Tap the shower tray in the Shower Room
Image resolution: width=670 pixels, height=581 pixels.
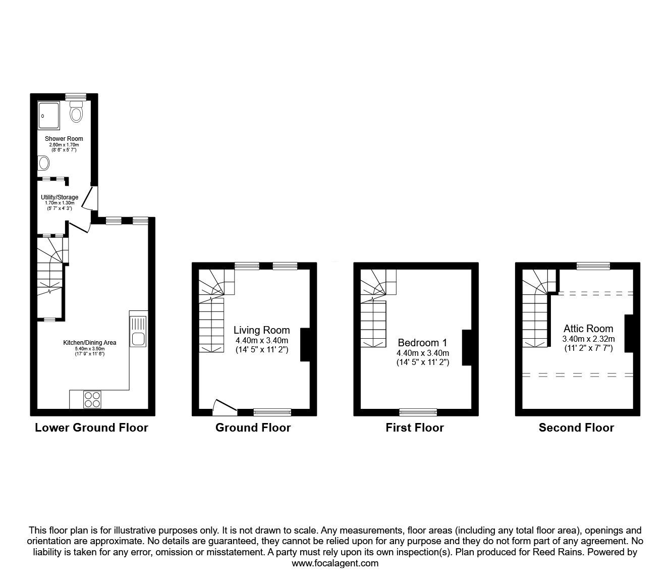49,115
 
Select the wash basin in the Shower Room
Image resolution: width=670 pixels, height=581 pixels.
43,163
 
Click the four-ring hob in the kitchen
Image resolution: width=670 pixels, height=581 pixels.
92,399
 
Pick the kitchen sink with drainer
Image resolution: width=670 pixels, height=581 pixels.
138,329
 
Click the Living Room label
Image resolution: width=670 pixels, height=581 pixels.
261,330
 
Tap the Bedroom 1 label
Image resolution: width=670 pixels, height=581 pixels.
422,343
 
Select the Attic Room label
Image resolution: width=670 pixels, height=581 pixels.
588,329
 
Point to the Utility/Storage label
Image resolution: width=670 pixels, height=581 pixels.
60,197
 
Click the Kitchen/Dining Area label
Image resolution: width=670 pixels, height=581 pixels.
89,343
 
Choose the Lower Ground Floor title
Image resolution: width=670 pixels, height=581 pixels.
91,428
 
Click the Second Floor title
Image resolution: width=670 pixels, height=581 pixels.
576,428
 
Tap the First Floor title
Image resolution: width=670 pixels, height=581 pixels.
415,428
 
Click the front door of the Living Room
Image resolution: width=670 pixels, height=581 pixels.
225,408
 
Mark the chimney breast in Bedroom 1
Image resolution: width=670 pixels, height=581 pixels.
467,347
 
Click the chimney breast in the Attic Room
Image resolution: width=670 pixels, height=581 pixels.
629,333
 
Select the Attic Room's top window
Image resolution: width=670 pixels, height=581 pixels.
593,266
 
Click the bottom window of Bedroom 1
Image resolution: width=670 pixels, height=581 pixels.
418,412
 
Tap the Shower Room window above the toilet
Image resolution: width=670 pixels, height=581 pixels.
76,97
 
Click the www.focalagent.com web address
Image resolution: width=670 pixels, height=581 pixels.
335,563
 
